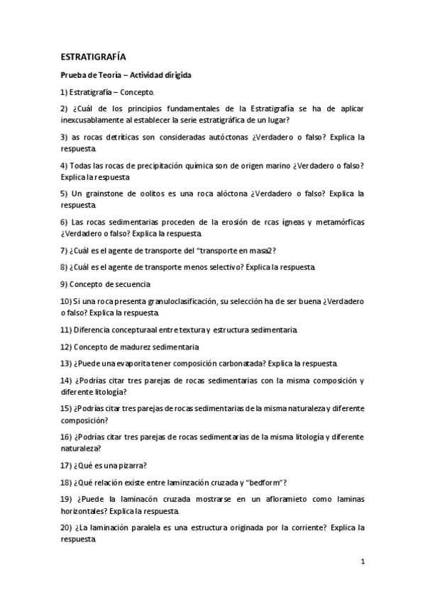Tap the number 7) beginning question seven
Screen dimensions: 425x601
pos(64,250)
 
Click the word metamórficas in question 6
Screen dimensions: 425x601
pos(337,222)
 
